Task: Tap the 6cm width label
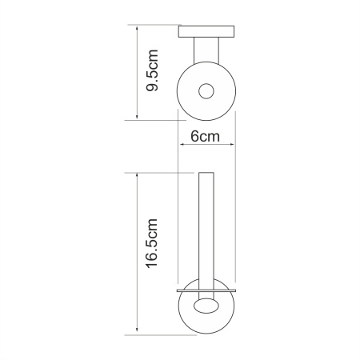coord(205,137)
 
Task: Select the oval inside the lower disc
coord(205,306)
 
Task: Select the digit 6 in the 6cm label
coord(193,137)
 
